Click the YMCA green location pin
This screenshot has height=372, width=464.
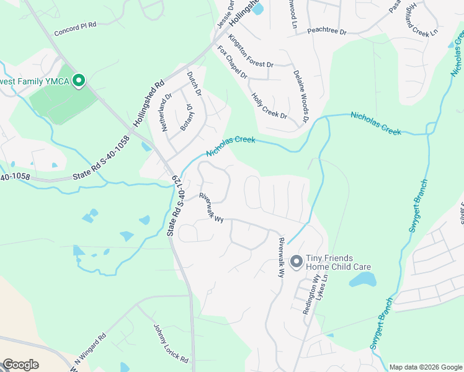(x=79, y=81)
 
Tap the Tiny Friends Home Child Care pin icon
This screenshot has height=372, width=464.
(x=297, y=262)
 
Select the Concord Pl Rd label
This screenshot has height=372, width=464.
(x=76, y=29)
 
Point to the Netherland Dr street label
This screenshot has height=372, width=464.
(x=165, y=110)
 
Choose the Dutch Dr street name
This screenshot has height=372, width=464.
(x=195, y=84)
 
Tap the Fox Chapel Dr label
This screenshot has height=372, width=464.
(x=231, y=62)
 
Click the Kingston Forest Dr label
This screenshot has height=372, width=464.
(x=251, y=51)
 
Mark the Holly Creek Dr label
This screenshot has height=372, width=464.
(x=269, y=106)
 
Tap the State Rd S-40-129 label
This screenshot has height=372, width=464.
(x=176, y=205)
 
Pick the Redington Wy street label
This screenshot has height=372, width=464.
(x=311, y=296)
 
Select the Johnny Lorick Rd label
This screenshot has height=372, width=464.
(x=171, y=342)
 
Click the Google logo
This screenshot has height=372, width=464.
(x=20, y=365)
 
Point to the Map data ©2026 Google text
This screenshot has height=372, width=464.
(x=426, y=367)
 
